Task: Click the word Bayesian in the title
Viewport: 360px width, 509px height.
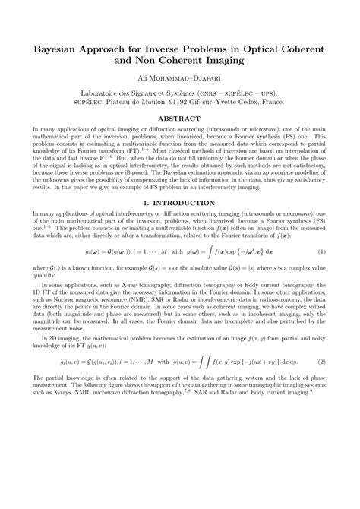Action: point(58,49)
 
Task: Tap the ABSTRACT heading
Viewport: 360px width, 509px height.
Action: point(179,119)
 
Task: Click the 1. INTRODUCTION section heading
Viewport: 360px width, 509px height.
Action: point(180,225)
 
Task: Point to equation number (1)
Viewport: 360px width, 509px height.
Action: point(322,273)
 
